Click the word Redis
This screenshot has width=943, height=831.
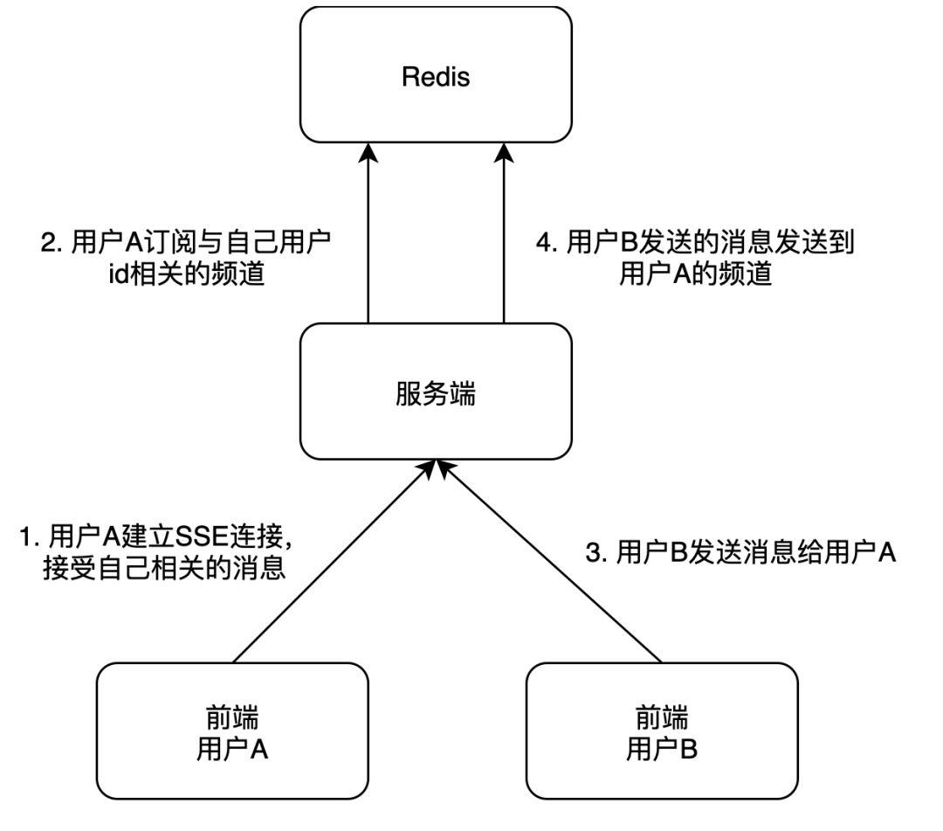tap(435, 77)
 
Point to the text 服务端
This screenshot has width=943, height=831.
tap(435, 394)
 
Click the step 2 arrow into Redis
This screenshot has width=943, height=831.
tap(368, 236)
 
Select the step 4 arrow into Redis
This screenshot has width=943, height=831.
tap(504, 236)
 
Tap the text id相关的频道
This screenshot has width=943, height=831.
tap(185, 274)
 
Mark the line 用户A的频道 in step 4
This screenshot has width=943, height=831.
tap(696, 274)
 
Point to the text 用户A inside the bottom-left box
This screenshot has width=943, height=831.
tap(231, 750)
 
